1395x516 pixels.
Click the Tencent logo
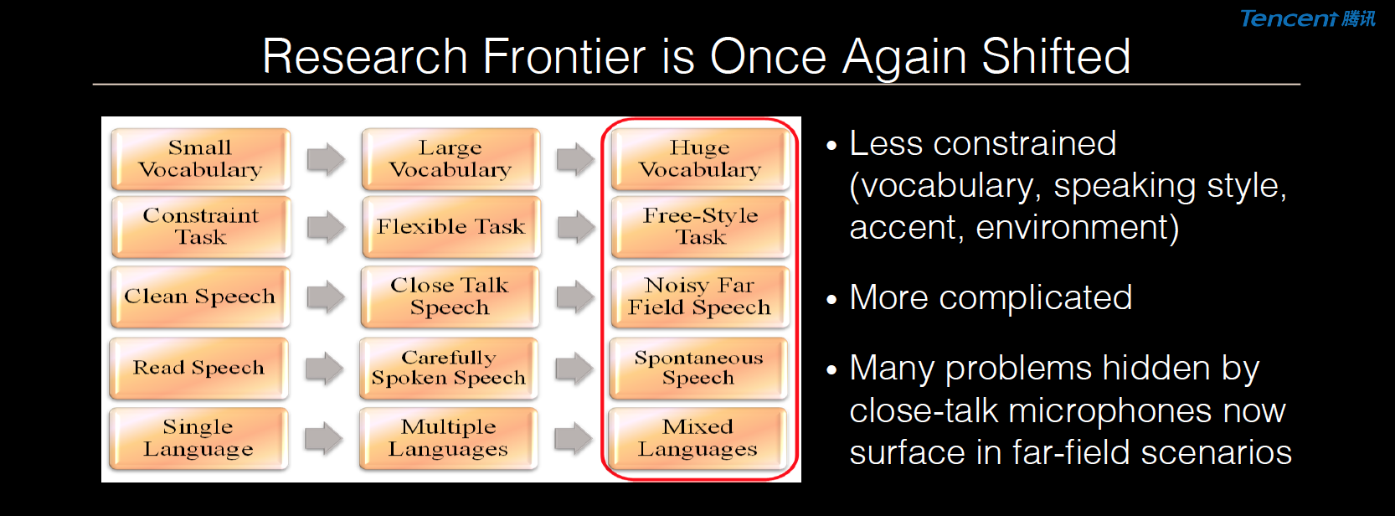tap(1307, 18)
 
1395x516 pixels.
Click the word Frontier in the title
tap(564, 57)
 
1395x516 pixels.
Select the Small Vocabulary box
tap(200, 159)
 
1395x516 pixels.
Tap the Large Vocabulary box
tap(450, 159)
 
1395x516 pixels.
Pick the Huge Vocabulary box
tap(701, 159)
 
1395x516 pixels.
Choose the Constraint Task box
tap(200, 227)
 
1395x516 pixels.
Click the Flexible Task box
tap(450, 227)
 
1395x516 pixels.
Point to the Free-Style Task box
tap(701, 227)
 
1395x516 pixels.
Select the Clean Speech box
tap(200, 297)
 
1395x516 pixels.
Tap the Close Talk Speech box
tap(450, 297)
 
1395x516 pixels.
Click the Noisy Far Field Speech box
tap(700, 297)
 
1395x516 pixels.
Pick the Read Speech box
tap(198, 368)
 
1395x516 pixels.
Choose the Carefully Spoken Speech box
tap(449, 368)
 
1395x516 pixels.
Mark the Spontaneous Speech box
tap(698, 368)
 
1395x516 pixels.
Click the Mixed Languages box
tap(697, 438)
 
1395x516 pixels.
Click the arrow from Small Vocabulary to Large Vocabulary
tap(327, 159)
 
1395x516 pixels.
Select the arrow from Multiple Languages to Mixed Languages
tap(574, 438)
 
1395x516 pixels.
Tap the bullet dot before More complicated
tap(832, 300)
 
